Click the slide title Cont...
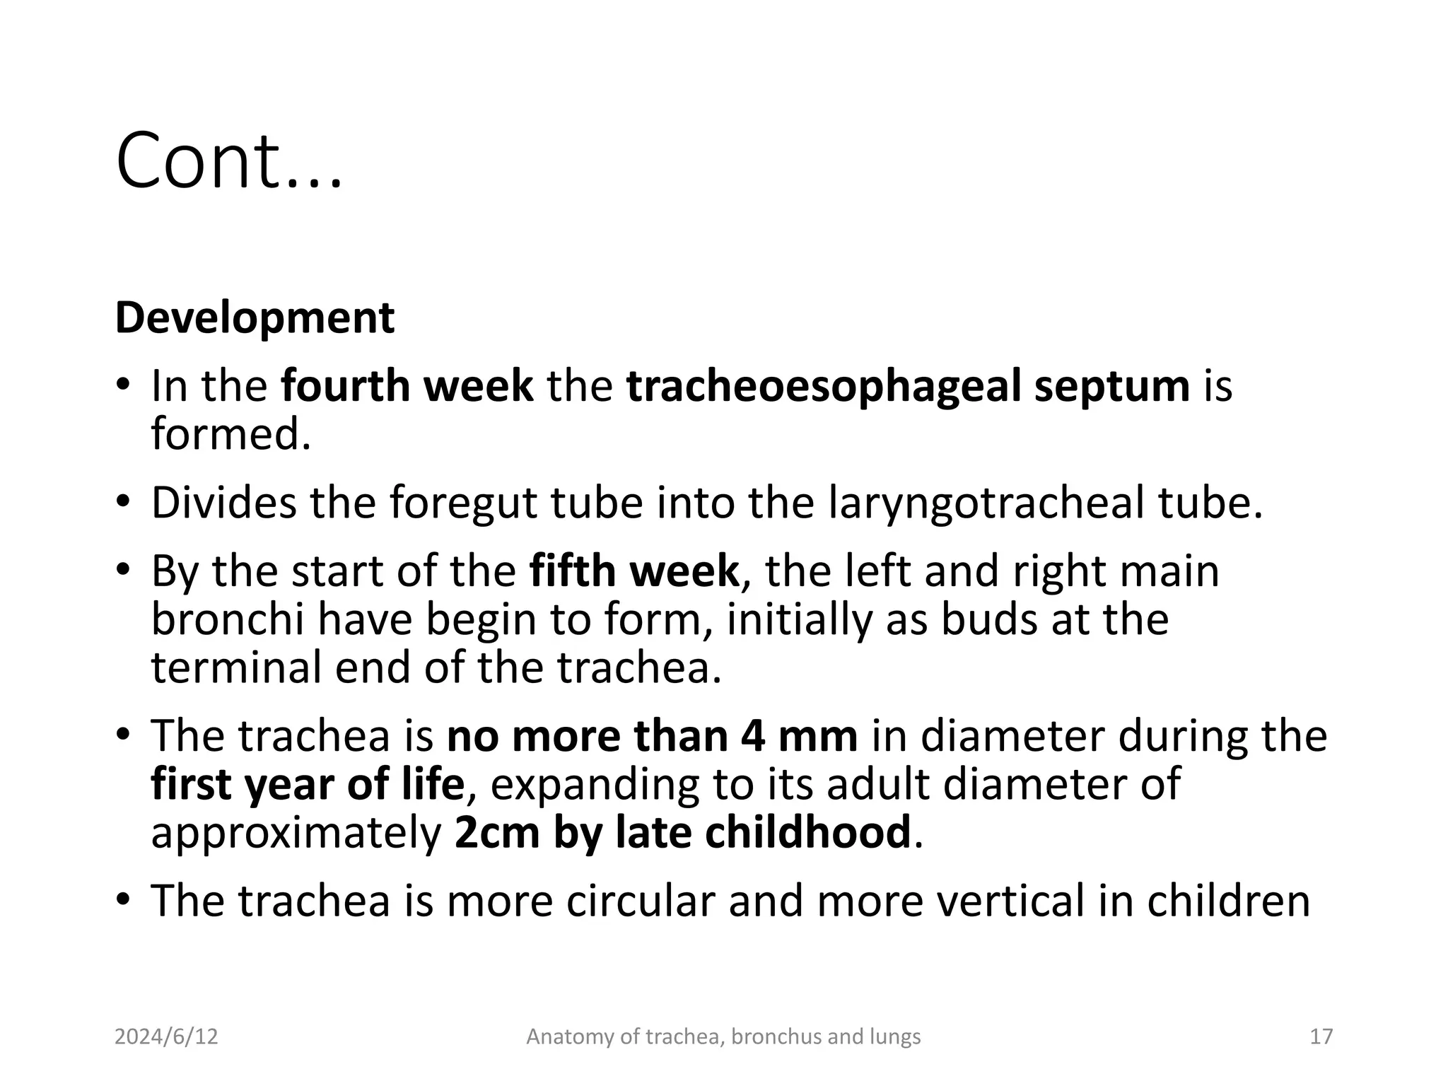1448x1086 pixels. pyautogui.click(x=228, y=161)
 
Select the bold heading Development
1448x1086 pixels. pyautogui.click(x=255, y=318)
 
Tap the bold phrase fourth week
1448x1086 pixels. pyautogui.click(x=407, y=386)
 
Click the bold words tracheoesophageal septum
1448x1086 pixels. pyautogui.click(x=908, y=387)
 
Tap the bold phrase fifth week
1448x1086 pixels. pyautogui.click(x=634, y=571)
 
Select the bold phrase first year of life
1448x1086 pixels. pyautogui.click(x=308, y=784)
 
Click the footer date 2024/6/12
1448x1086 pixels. pyautogui.click(x=166, y=1037)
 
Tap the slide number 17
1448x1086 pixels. pyautogui.click(x=1321, y=1037)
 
